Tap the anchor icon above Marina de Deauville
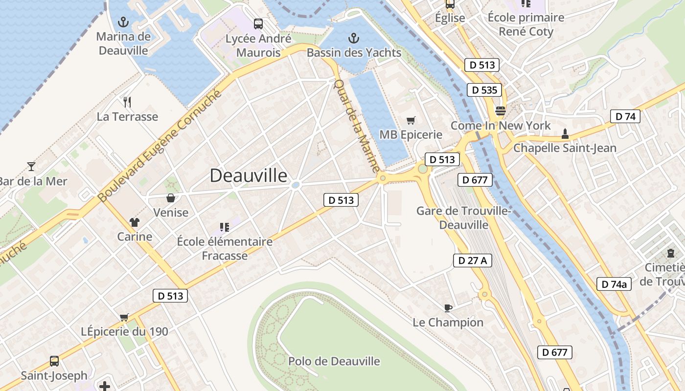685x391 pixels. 123,22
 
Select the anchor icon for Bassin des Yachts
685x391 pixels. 353,38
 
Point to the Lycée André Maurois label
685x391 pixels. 258,45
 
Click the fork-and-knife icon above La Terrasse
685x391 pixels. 127,102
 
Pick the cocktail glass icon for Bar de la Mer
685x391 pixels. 31,167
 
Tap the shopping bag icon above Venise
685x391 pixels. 171,198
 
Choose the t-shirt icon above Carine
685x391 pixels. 135,222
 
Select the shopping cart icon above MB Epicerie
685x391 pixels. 411,120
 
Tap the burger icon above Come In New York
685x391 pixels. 500,111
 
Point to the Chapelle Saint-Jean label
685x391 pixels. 565,148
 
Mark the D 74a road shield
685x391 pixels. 614,284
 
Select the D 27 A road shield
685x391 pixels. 472,261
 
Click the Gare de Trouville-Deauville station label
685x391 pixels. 463,218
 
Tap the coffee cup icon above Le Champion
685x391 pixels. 448,308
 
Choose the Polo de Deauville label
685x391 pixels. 334,361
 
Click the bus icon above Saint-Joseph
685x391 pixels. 54,361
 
